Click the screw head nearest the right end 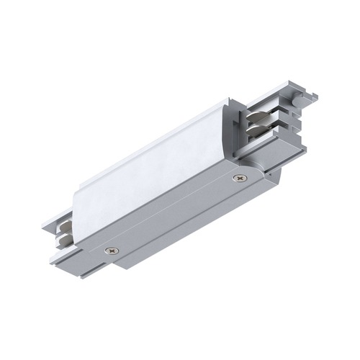238,177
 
